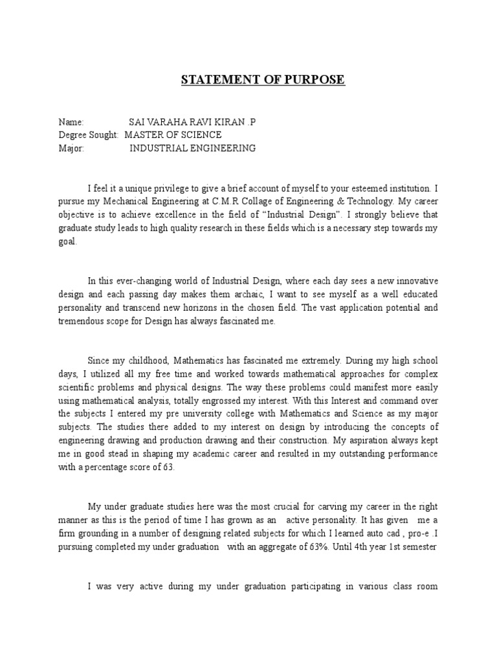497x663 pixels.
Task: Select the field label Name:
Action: (71, 122)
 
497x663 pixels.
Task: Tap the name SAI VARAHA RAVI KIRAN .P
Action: (188, 122)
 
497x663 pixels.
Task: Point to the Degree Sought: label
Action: (89, 135)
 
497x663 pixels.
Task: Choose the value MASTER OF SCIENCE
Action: (173, 135)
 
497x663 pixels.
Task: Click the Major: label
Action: (72, 148)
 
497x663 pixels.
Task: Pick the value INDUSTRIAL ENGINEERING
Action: (192, 148)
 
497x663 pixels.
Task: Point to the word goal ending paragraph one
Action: (67, 241)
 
